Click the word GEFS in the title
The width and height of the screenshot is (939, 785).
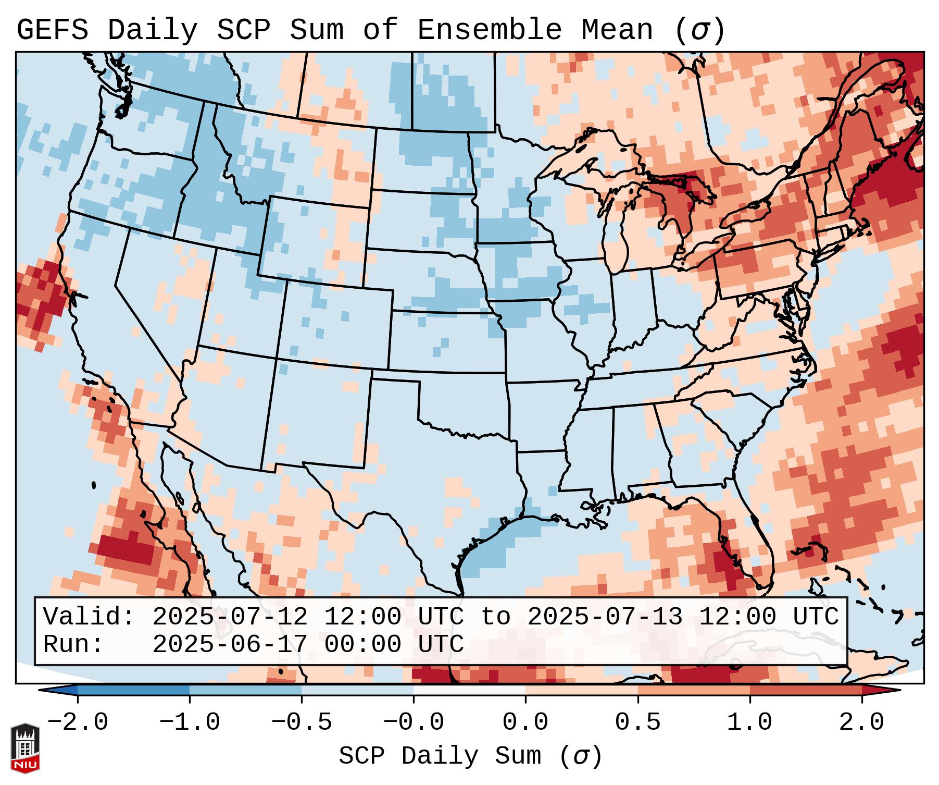coord(52,30)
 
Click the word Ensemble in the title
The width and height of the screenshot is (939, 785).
coord(489,30)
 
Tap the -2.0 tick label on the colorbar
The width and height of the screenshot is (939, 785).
coord(78,722)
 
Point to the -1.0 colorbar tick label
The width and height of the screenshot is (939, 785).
coord(190,722)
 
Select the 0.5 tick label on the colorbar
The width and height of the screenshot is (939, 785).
coord(637,722)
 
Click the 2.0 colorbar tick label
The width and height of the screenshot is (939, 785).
coord(862,722)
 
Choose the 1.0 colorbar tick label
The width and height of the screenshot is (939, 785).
coord(749,722)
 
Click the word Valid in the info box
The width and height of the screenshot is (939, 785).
coord(89,617)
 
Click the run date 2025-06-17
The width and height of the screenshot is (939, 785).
coord(230,645)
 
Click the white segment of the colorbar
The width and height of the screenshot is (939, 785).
coord(469,690)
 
